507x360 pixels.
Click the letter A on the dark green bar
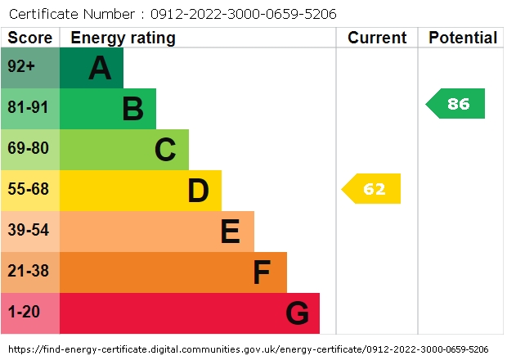(x=100, y=68)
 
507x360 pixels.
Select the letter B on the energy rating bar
(x=132, y=109)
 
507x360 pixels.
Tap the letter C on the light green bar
(x=165, y=150)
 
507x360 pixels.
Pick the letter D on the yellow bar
(x=198, y=191)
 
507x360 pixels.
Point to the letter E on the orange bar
(x=231, y=232)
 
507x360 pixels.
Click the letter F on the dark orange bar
(x=262, y=272)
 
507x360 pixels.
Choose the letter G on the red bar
(x=297, y=313)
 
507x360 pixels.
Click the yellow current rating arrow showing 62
(x=372, y=189)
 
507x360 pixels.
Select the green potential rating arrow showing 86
(x=456, y=104)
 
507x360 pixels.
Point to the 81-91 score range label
(x=29, y=108)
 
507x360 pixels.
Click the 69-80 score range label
(x=29, y=149)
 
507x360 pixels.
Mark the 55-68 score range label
(x=29, y=190)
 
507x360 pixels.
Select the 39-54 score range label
(x=29, y=231)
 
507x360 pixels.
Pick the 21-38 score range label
(x=29, y=272)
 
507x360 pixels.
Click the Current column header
(x=377, y=38)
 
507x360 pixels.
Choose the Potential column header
(x=463, y=38)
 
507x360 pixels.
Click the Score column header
(x=30, y=38)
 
